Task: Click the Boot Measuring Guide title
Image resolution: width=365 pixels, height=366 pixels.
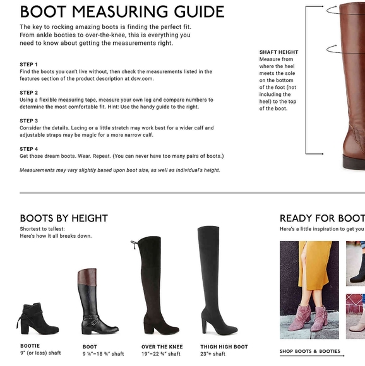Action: click(122, 11)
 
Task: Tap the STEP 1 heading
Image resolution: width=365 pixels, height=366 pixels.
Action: click(28, 64)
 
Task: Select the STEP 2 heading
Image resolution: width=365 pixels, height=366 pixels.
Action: click(28, 93)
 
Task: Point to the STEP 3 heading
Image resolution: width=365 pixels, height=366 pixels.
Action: click(28, 121)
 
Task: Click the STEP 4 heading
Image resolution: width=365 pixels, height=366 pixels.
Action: click(28, 149)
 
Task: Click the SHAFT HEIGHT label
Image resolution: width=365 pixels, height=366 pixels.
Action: click(279, 52)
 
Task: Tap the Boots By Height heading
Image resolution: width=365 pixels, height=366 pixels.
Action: click(64, 218)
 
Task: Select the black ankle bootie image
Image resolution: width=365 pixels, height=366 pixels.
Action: click(38, 319)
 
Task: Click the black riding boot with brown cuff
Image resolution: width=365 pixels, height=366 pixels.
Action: click(98, 302)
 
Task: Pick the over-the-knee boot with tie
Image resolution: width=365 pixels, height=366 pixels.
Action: click(155, 285)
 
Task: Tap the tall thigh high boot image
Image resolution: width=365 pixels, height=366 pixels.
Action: click(217, 281)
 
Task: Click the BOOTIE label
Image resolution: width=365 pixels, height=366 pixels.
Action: click(30, 346)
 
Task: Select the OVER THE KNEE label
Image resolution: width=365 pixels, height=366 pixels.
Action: click(162, 347)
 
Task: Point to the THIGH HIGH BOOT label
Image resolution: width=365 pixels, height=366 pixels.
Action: click(224, 347)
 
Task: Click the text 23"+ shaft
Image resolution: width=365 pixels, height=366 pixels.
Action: click(213, 354)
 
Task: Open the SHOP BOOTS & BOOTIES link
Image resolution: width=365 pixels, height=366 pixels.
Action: click(310, 351)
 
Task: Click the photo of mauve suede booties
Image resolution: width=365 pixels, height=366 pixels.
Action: click(309, 290)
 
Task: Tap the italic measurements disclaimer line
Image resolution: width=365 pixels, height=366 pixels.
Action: click(120, 170)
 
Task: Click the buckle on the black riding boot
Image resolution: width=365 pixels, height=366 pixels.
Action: click(95, 323)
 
